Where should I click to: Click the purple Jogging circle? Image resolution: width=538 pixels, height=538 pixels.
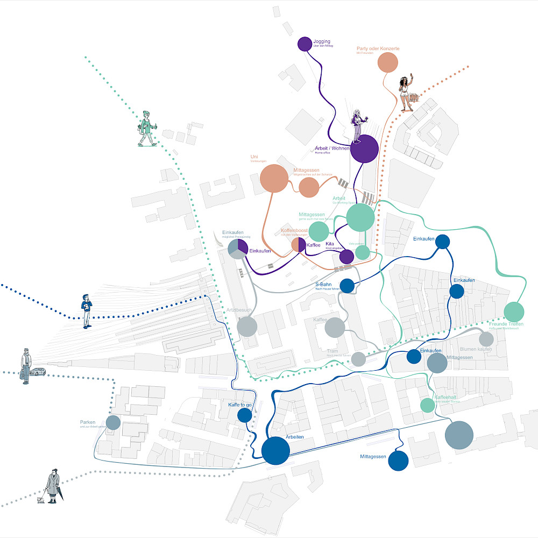coord(305,44)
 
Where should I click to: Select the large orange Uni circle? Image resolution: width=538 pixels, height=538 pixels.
coord(274,179)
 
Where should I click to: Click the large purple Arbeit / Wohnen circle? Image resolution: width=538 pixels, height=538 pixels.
coord(364,148)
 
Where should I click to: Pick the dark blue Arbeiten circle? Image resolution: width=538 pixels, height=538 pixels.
coord(276,450)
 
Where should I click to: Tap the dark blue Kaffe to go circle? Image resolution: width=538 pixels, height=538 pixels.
coord(245,415)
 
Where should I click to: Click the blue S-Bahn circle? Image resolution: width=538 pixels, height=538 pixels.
coord(347,286)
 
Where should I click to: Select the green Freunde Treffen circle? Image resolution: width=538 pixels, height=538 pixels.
coord(514,312)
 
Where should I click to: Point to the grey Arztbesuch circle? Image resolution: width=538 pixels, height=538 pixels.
coord(247,326)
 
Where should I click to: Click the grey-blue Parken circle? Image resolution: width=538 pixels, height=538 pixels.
coord(113,422)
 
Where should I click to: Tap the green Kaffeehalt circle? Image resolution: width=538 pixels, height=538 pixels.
coord(427,405)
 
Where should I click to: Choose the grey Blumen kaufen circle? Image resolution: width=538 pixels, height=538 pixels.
coord(486,339)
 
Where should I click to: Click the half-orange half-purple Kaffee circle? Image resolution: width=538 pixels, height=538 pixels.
coord(299,245)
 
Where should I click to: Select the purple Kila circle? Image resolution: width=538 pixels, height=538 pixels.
coord(347,257)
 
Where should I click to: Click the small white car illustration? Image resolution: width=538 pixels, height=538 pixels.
coord(37,372)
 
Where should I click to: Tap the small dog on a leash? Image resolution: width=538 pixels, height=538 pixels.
coord(40,500)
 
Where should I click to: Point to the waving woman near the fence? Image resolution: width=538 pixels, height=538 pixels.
coord(405,91)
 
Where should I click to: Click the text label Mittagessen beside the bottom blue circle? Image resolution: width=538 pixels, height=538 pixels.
coord(373,457)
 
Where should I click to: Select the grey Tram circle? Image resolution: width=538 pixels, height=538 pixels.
coord(359,359)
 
